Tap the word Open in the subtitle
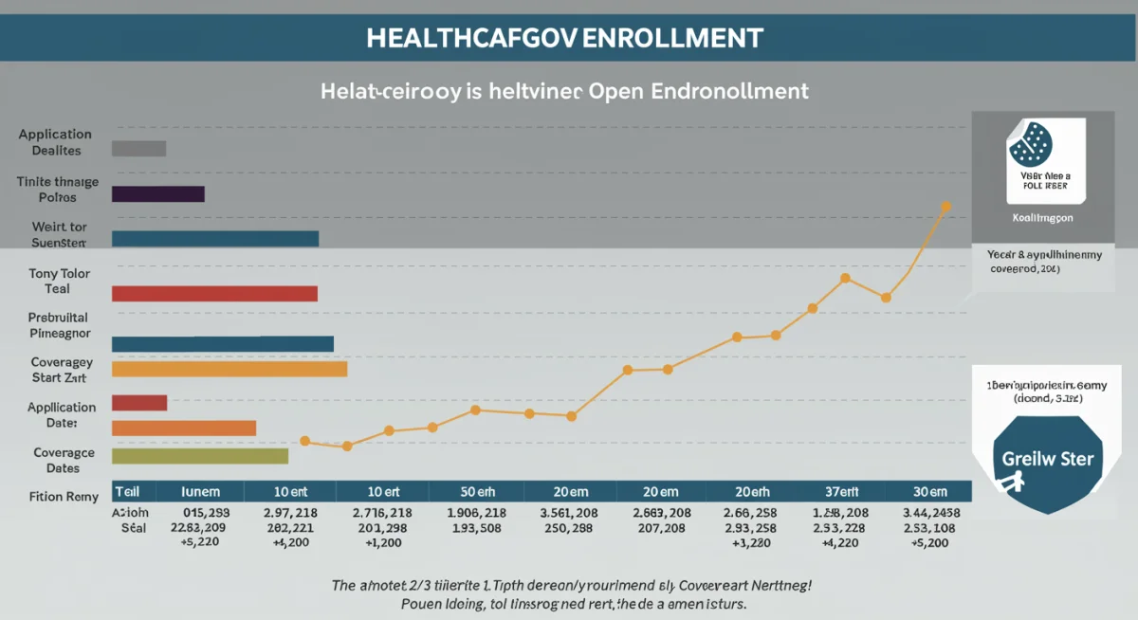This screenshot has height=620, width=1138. [619, 91]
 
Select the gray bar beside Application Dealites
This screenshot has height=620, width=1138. [138, 148]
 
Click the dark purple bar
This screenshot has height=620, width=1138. [157, 194]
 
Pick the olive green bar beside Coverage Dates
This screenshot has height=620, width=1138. [199, 456]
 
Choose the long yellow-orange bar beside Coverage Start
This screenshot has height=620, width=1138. [229, 370]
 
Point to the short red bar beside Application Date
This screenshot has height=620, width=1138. [138, 403]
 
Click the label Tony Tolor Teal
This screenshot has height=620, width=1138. [59, 281]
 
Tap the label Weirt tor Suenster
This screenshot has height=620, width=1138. [58, 234]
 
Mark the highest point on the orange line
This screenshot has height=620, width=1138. [945, 206]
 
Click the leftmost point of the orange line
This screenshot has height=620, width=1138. [304, 441]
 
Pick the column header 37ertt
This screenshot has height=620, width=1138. [841, 491]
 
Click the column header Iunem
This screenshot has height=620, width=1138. [200, 491]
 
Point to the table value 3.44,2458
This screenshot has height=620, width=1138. [929, 513]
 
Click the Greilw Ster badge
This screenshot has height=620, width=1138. [1047, 462]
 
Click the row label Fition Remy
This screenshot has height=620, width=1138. [64, 496]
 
